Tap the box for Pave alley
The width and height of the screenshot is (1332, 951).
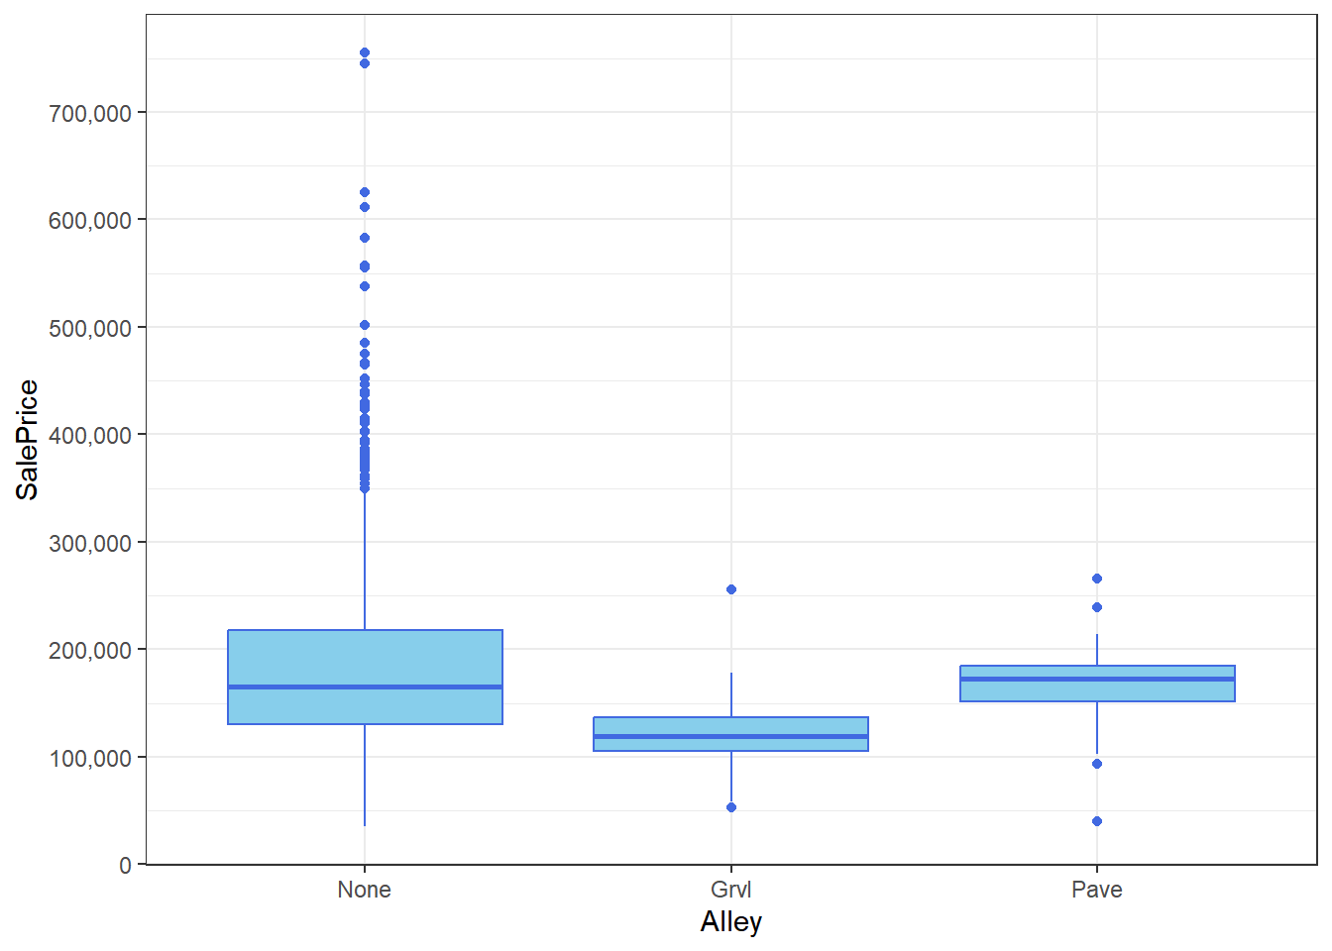pyautogui.click(x=1097, y=690)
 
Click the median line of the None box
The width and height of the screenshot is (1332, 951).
pyautogui.click(x=365, y=687)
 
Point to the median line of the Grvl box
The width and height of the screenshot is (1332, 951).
pyautogui.click(x=730, y=736)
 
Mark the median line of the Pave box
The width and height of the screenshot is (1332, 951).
pyautogui.click(x=1097, y=679)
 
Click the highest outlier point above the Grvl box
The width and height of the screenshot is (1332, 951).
pyautogui.click(x=731, y=589)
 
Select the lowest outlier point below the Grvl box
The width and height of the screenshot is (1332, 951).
pyautogui.click(x=731, y=807)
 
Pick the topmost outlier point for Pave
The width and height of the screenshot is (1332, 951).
pyautogui.click(x=1097, y=579)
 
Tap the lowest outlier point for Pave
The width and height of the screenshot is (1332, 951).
pyautogui.click(x=1097, y=821)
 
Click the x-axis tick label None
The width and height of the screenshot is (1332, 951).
pyautogui.click(x=364, y=890)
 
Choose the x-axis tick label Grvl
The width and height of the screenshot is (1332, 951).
pyautogui.click(x=731, y=890)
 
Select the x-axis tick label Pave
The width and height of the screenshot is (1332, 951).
pyautogui.click(x=1097, y=890)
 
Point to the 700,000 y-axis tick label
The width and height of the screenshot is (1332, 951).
pyautogui.click(x=90, y=113)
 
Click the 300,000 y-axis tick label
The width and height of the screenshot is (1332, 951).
pyautogui.click(x=90, y=543)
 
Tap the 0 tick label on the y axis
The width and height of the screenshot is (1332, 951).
pyautogui.click(x=125, y=866)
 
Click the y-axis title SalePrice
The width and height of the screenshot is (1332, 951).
pyautogui.click(x=27, y=440)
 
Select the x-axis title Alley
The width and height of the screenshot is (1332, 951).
pyautogui.click(x=731, y=922)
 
